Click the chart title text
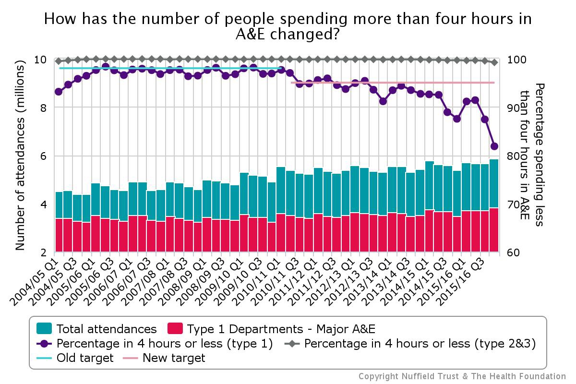point(288,27)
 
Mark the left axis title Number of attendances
point(20,156)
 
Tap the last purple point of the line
point(494,146)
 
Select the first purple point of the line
point(59,91)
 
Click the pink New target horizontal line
point(394,83)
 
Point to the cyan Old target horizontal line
point(168,68)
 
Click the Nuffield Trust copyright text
point(462,376)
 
